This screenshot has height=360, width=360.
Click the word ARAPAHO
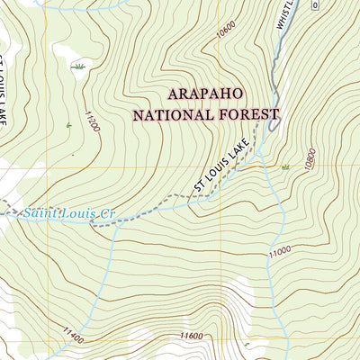click(207, 94)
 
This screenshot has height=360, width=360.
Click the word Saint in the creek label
click(40, 213)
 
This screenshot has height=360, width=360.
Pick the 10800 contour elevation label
click(310, 161)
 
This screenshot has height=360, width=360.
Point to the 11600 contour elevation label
click(191, 336)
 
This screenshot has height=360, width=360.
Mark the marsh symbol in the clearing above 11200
click(78, 66)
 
